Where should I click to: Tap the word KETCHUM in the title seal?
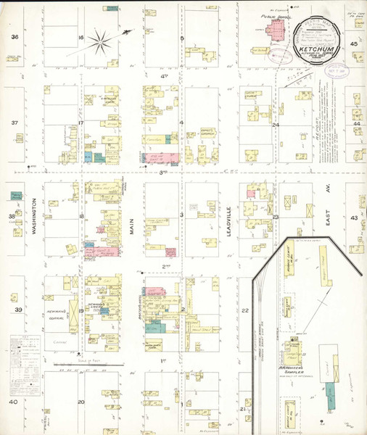click(x=315, y=51)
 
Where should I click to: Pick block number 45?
click(x=354, y=45)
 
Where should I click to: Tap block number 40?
click(x=13, y=402)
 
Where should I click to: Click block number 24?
click(x=276, y=125)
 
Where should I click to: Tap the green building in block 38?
click(x=16, y=195)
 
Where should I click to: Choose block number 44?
click(x=355, y=124)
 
